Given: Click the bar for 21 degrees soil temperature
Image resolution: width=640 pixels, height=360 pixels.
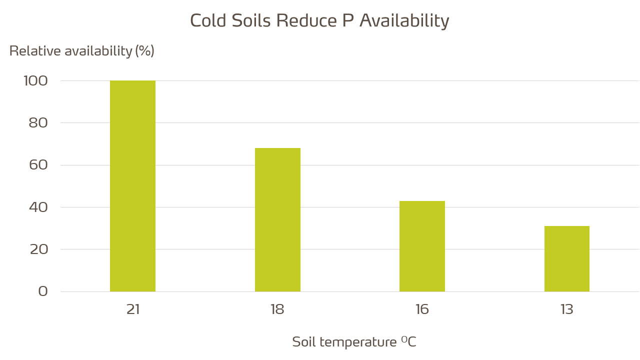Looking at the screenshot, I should [x=132, y=186].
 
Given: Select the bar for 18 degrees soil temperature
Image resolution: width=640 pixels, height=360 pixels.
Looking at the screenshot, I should [x=277, y=219].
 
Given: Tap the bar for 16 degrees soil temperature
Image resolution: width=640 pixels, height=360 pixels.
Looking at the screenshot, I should [x=422, y=246].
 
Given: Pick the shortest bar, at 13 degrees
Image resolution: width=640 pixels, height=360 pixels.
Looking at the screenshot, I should [x=566, y=258].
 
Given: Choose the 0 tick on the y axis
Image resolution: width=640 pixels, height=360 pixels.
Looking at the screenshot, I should [x=43, y=291].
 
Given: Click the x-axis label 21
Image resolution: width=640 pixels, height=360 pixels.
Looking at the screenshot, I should [x=132, y=309].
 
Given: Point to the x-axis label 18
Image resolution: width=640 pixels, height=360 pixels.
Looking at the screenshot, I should [x=277, y=309].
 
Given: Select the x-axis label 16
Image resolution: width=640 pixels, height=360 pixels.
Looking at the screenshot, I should [x=422, y=309].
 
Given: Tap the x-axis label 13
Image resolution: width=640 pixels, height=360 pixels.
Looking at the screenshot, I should [x=566, y=309].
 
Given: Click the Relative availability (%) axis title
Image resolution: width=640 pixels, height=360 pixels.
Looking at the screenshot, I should [x=82, y=51].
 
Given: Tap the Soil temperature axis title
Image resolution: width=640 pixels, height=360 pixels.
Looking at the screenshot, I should [x=354, y=342].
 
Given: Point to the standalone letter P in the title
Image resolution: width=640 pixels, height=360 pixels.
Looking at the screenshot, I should [x=348, y=21].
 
